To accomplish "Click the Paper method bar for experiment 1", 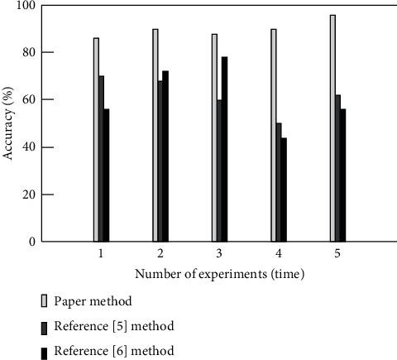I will pos(96,140).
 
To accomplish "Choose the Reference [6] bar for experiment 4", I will pos(285,190).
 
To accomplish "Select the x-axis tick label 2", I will pos(160,252).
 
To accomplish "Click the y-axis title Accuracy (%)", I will pos(8,123).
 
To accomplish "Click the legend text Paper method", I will pos(93,301).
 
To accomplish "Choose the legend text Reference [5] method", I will pos(113,326).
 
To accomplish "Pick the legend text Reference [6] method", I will pos(113,351).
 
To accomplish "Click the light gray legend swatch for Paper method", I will pos(44,301).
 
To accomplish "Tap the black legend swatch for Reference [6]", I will pos(44,352).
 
